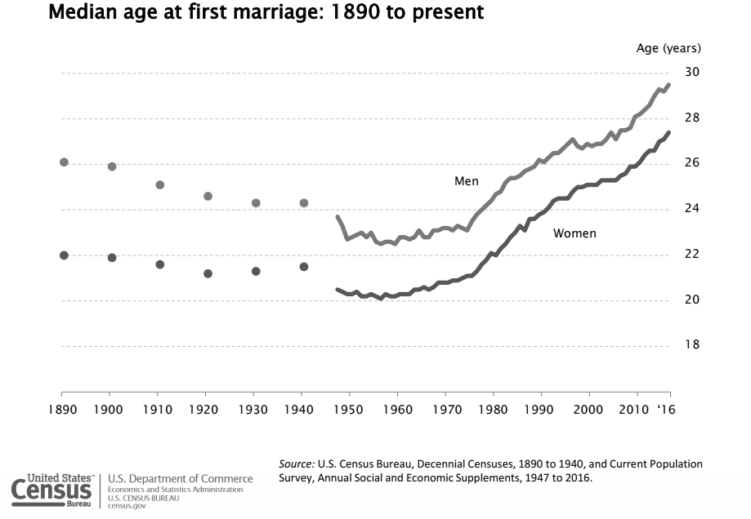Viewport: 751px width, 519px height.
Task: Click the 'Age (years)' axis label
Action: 668,48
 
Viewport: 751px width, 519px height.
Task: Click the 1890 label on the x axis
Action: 60,407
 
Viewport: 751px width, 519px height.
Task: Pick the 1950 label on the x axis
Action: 349,407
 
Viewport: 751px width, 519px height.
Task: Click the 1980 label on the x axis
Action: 493,407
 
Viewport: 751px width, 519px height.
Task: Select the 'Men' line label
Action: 467,181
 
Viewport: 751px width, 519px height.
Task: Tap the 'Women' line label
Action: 574,234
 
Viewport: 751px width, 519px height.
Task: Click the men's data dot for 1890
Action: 64,162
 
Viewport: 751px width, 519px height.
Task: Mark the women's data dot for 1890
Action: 64,255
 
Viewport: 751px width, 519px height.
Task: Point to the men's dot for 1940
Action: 304,202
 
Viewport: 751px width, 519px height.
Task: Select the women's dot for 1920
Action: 208,273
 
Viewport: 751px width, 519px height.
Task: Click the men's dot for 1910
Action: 160,185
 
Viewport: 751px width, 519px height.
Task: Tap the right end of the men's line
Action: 669,85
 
